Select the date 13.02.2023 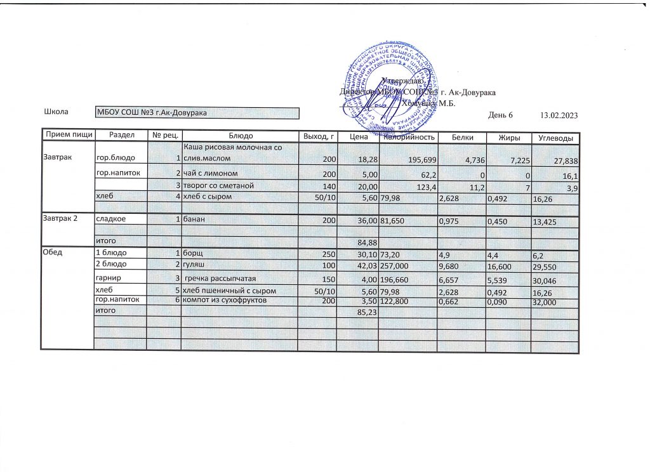point(559,115)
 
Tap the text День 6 point(500,115)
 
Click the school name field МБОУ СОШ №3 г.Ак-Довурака point(197,114)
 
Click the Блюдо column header point(241,136)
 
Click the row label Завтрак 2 point(59,219)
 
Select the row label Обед point(51,254)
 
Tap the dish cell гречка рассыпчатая point(220,279)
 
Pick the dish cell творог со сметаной point(218,186)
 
